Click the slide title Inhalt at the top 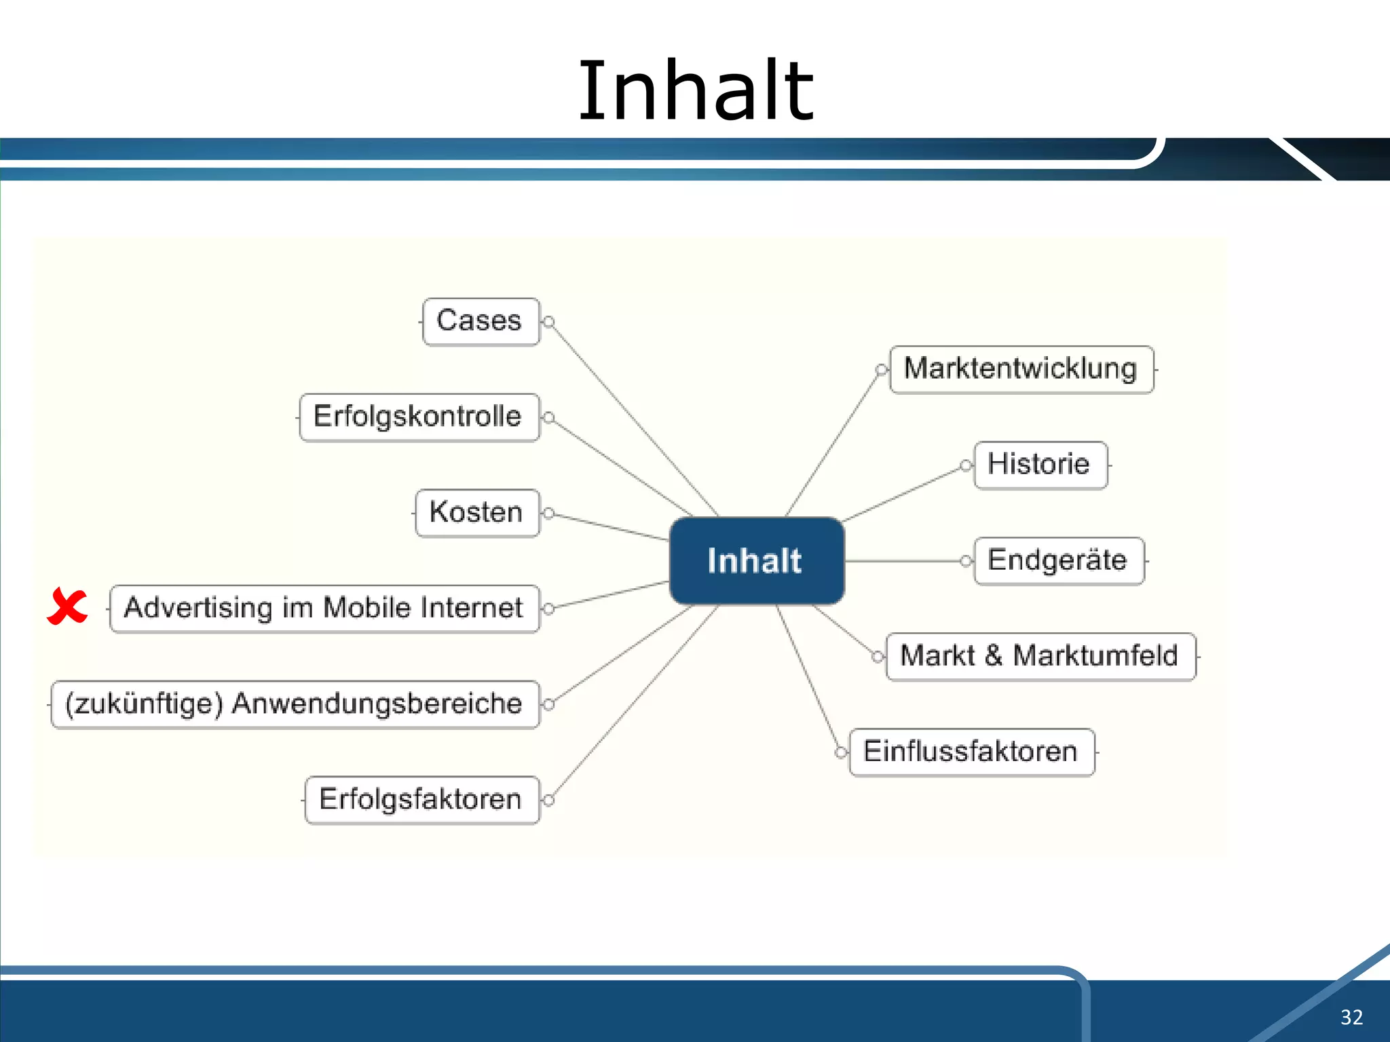pos(695,92)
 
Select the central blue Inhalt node pos(756,561)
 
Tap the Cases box pos(481,322)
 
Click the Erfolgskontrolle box pos(419,417)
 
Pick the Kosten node pos(477,513)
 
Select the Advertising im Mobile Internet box pos(324,609)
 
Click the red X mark pos(67,606)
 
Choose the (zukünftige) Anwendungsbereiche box pos(295,704)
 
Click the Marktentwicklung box pos(1021,370)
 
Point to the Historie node pos(1040,465)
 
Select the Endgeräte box pos(1058,561)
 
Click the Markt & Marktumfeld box pos(1040,657)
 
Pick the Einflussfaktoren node pos(971,752)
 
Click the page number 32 pos(1351,1017)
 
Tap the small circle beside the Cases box pos(549,322)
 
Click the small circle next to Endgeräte pos(966,561)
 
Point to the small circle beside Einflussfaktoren pos(841,752)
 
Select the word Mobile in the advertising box pos(366,608)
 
